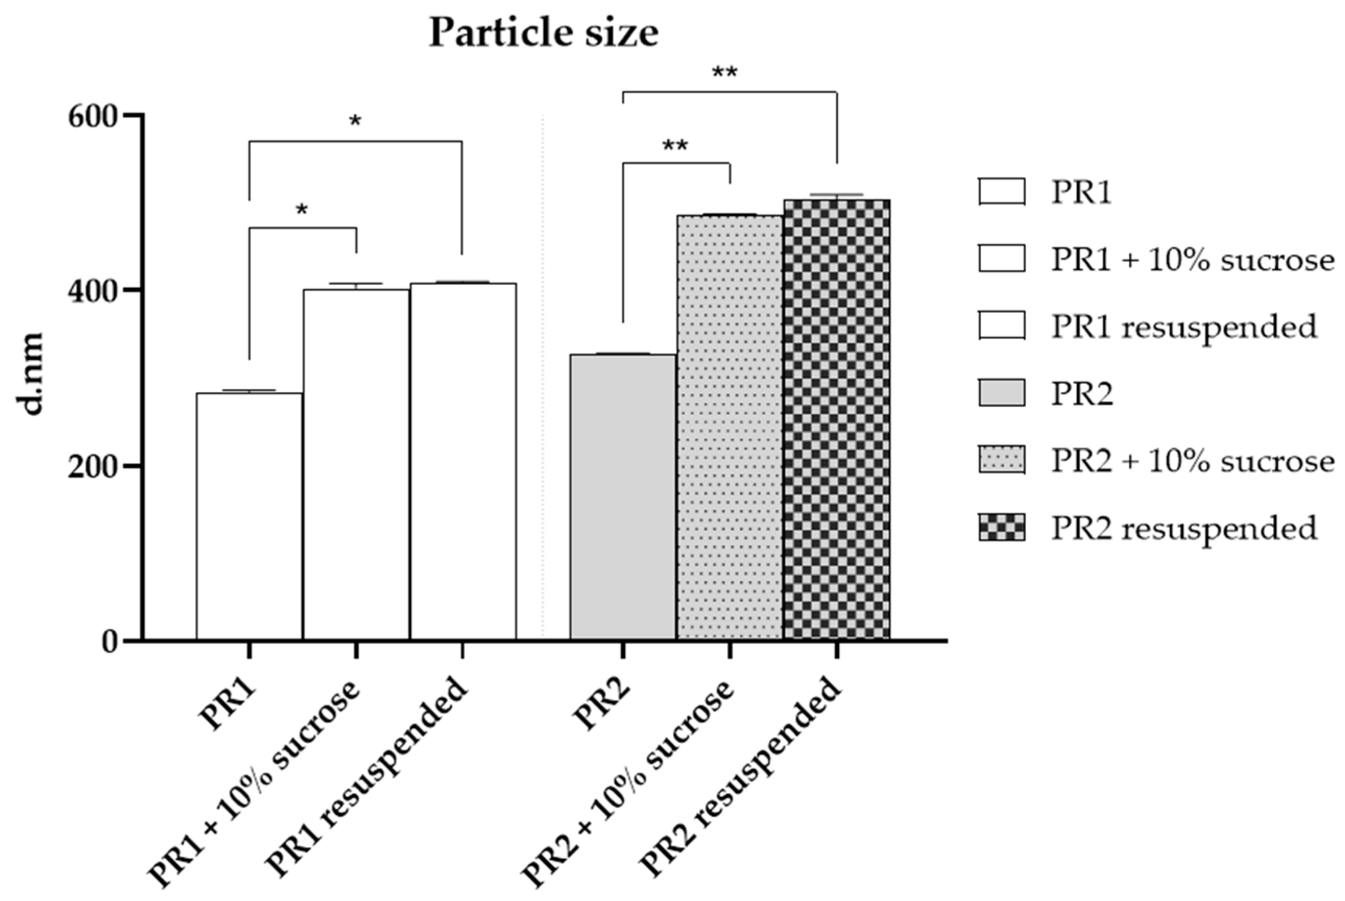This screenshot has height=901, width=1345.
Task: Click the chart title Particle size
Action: click(543, 33)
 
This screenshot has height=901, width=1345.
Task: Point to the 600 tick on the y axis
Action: click(92, 118)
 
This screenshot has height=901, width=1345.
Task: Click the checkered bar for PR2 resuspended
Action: click(837, 419)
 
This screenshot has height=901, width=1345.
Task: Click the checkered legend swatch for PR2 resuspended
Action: click(1001, 528)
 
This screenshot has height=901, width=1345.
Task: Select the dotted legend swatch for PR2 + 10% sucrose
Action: click(1001, 460)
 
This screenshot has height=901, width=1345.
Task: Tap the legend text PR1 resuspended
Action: click(1184, 326)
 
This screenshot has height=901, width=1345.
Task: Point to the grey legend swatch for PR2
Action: click(1001, 393)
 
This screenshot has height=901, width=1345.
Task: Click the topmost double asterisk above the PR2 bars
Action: click(724, 74)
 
